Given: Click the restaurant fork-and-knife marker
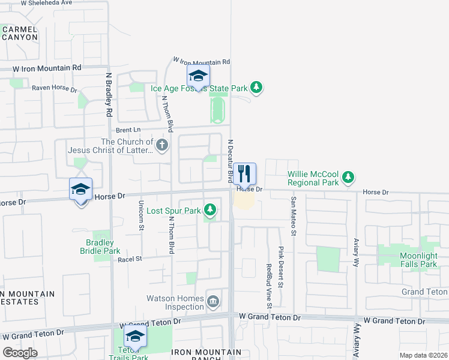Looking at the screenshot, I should pos(244,174).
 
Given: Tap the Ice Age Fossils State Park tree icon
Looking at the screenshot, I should pos(257,88).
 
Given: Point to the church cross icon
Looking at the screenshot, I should pos(161,145).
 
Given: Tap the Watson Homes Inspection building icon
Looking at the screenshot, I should pos(212,302).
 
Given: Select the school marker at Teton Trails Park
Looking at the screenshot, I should pos(135,337).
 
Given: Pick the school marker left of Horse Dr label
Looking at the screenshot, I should pos(80,190).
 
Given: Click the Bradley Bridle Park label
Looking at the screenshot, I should pos(100,247).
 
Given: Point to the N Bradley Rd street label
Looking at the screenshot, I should pos(109,94).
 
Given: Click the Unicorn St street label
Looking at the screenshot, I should pos(142,214).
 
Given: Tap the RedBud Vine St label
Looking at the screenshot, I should pos(269,282).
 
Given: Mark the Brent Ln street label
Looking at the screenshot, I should pos(128,130).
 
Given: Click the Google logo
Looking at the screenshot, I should pos(20,353).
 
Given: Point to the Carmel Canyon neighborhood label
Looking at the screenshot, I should pos(19,32).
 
